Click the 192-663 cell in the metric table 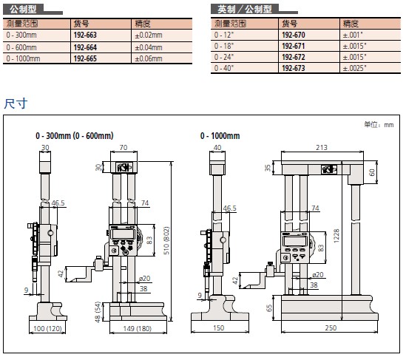85,35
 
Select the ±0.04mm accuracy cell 149,47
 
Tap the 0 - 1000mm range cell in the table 23,58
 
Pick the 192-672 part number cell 294,57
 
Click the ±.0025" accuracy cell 354,68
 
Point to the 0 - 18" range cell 224,46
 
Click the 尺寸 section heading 16,103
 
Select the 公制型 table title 23,10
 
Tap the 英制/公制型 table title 245,10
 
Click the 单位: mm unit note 379,125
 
